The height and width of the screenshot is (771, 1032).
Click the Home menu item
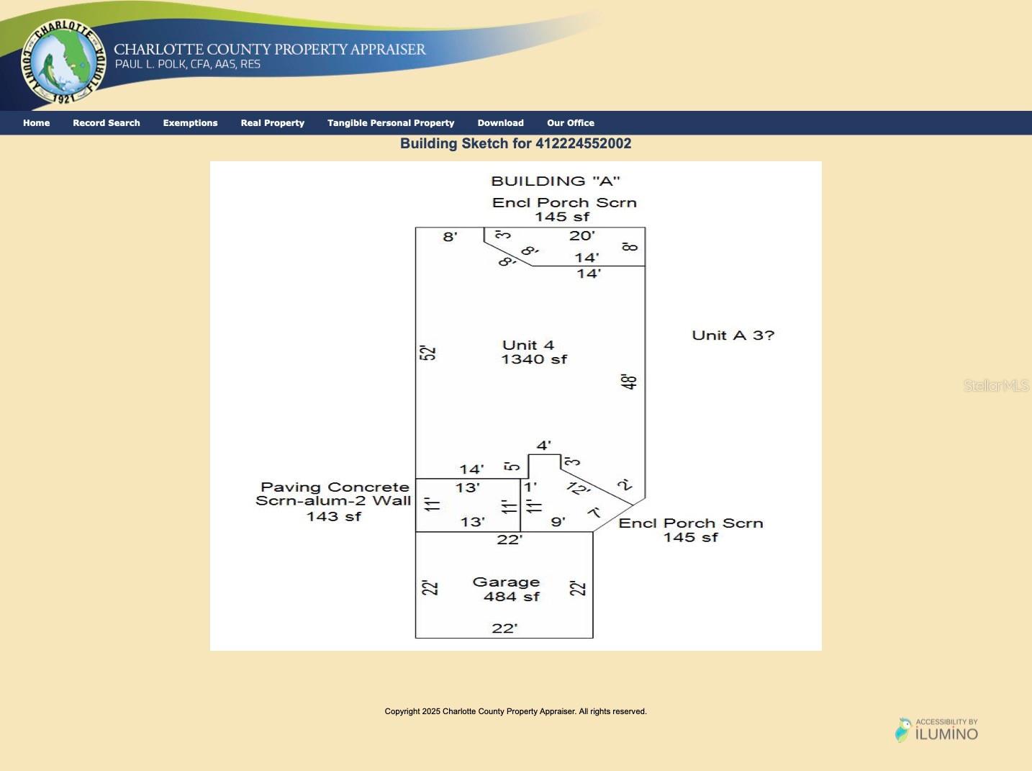tap(36, 123)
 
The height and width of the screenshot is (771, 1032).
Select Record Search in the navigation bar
tap(107, 123)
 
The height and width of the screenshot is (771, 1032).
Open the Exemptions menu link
tap(190, 123)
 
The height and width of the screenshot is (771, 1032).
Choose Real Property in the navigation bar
tap(273, 123)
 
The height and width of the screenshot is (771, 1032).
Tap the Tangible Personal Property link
tap(391, 123)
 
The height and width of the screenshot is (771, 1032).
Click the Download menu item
tap(501, 123)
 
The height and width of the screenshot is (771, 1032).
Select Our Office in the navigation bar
tap(571, 123)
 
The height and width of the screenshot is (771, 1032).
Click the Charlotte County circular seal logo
tap(63, 62)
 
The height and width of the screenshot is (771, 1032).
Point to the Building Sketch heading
tap(515, 143)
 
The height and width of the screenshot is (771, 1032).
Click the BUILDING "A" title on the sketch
tap(556, 181)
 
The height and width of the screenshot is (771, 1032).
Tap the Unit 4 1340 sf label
tap(533, 352)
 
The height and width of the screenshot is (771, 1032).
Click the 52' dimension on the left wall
tap(427, 353)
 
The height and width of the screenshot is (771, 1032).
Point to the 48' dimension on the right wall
tap(629, 382)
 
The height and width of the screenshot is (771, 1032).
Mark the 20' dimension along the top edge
tap(581, 235)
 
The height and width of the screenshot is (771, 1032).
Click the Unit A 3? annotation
tap(733, 335)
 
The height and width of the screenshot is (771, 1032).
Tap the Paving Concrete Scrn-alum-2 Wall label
tap(333, 501)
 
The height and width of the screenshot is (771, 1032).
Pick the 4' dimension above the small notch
tap(543, 446)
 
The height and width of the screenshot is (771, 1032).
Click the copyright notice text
tap(515, 711)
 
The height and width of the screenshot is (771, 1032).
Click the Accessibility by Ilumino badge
tap(937, 730)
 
